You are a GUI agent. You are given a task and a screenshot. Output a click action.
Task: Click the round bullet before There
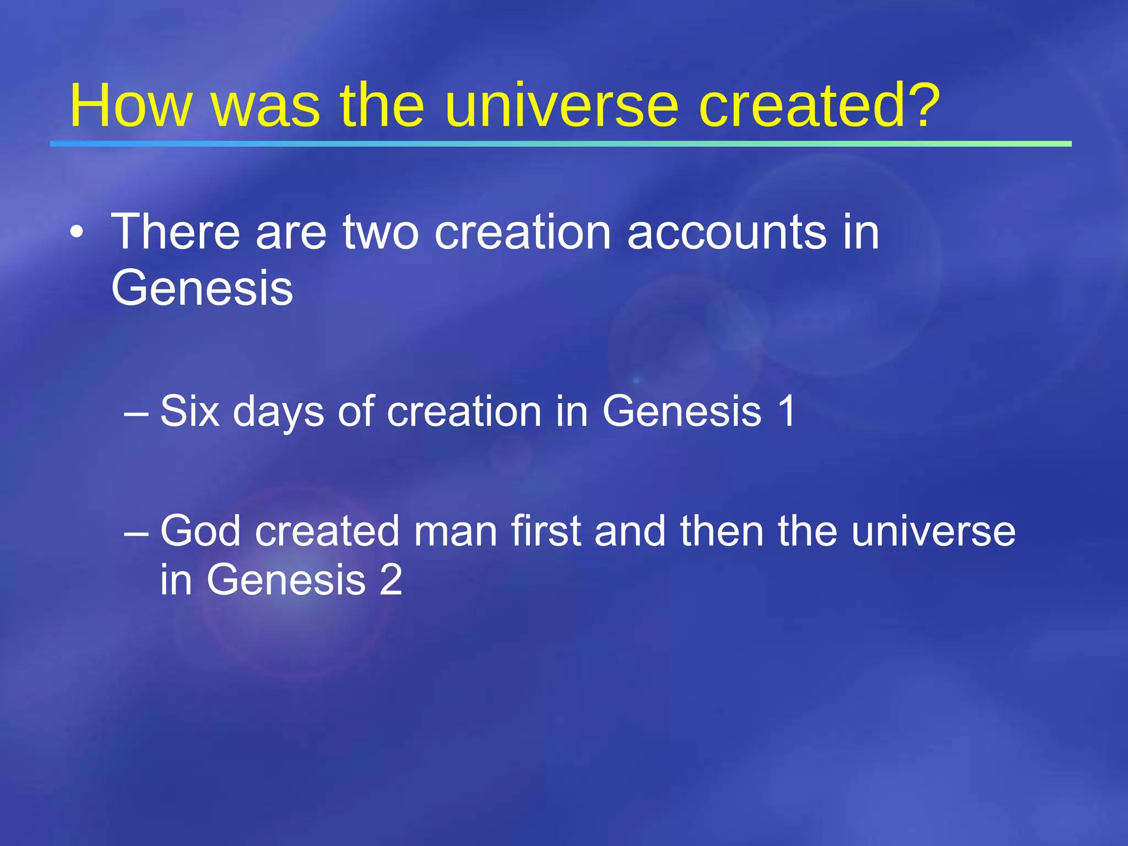[x=77, y=234]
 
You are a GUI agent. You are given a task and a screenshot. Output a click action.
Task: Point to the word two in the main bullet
[x=381, y=232]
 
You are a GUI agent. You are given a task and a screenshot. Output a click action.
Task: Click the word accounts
[x=726, y=232]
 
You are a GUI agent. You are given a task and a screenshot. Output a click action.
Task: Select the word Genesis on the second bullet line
[x=202, y=288]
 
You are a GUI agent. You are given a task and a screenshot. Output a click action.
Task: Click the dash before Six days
[x=136, y=413]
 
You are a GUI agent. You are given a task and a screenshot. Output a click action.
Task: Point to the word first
[x=545, y=531]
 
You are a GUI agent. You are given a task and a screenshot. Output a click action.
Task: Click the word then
[x=722, y=531]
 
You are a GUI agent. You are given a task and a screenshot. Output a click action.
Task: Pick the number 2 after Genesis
[x=391, y=579]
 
